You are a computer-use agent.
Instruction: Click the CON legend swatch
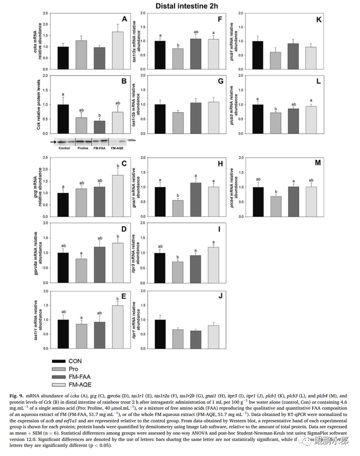60,361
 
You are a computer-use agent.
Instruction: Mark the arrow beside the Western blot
53,141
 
